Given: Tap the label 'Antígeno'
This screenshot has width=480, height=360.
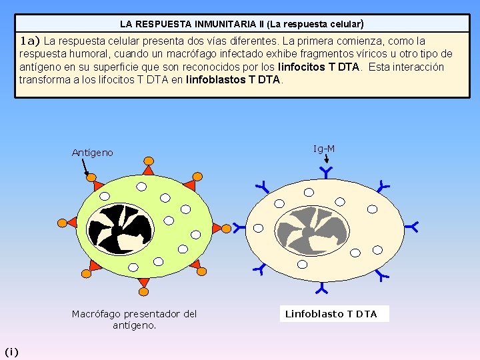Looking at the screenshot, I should point(92,153).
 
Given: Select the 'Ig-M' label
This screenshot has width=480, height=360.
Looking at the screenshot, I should point(324,149).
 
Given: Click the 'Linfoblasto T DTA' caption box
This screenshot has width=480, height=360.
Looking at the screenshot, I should point(331,314).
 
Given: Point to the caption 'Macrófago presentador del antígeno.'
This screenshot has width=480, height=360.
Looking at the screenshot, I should point(134,319).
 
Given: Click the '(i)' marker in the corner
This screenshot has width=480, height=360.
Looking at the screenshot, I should point(11,351).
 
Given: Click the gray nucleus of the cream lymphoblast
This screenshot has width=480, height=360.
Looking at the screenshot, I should point(312,231).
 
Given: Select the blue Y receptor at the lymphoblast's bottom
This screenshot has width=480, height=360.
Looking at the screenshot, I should point(322,289).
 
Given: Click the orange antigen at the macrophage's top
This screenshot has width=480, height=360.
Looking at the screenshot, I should point(146,162).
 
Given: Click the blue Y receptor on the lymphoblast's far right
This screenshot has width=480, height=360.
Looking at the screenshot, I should point(413,227).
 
